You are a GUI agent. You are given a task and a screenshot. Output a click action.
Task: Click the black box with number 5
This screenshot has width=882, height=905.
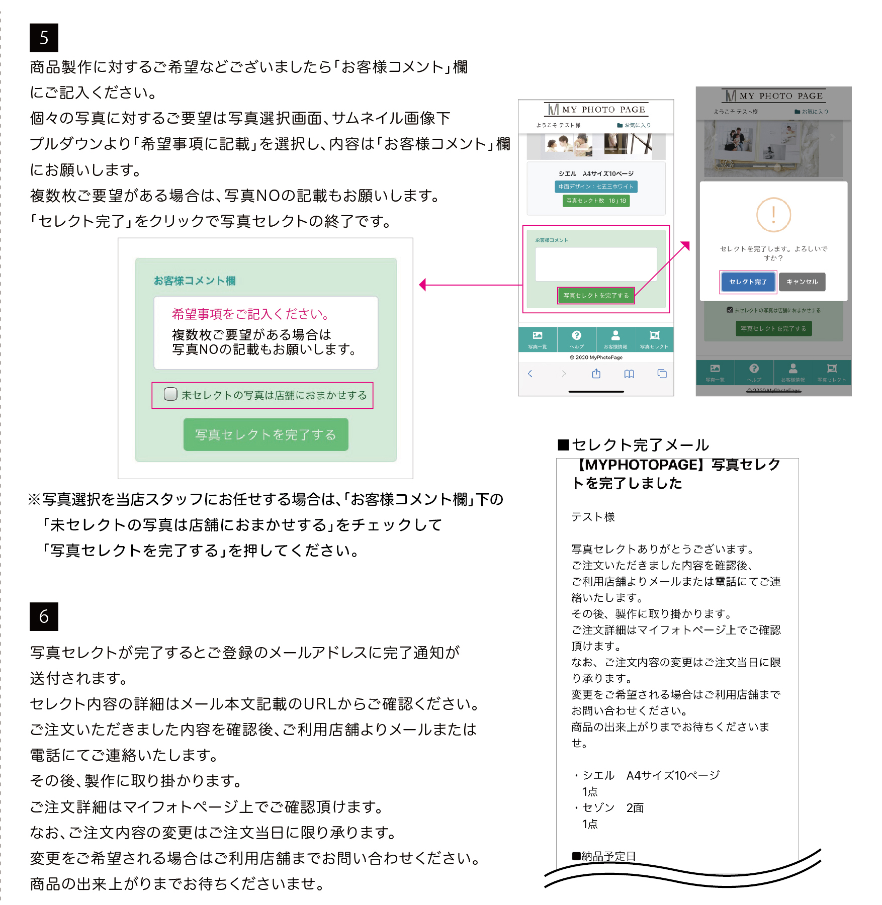pyautogui.click(x=44, y=38)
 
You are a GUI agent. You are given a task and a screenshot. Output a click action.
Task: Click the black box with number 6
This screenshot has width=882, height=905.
pyautogui.click(x=44, y=616)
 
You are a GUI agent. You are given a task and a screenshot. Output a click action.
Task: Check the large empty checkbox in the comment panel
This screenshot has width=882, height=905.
pyautogui.click(x=170, y=394)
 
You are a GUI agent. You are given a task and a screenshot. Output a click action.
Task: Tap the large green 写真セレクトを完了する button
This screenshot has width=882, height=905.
pyautogui.click(x=266, y=435)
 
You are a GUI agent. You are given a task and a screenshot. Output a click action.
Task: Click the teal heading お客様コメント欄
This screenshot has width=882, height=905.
pyautogui.click(x=195, y=281)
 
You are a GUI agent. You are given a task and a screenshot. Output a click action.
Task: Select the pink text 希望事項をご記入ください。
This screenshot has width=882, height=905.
pyautogui.click(x=250, y=314)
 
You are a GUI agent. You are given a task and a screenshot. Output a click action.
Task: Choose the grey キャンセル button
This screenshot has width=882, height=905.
pyautogui.click(x=802, y=282)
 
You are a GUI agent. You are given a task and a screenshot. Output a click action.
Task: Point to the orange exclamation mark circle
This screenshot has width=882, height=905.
pyautogui.click(x=773, y=215)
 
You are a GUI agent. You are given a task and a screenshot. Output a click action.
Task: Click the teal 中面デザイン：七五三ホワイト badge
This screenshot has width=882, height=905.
pyautogui.click(x=596, y=187)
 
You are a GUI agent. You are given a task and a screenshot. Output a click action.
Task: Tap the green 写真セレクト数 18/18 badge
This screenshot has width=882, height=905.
pyautogui.click(x=596, y=201)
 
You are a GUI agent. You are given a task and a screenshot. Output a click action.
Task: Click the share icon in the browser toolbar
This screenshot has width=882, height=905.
pyautogui.click(x=596, y=374)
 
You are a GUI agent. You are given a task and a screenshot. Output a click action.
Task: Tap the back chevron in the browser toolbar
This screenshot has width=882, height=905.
pyautogui.click(x=530, y=374)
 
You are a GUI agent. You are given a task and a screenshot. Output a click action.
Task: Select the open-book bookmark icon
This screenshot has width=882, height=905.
pyautogui.click(x=629, y=374)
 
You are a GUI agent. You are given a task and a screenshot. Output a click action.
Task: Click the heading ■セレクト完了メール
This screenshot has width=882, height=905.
pyautogui.click(x=634, y=445)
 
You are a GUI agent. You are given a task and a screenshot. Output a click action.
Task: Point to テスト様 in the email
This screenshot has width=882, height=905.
pyautogui.click(x=593, y=517)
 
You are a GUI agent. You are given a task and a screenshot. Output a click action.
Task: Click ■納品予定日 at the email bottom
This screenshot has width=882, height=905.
pyautogui.click(x=604, y=856)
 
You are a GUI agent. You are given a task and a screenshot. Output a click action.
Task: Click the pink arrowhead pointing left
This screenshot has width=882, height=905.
pyautogui.click(x=423, y=285)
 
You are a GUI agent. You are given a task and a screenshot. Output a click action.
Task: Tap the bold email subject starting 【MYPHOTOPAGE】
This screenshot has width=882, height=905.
pyautogui.click(x=676, y=474)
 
